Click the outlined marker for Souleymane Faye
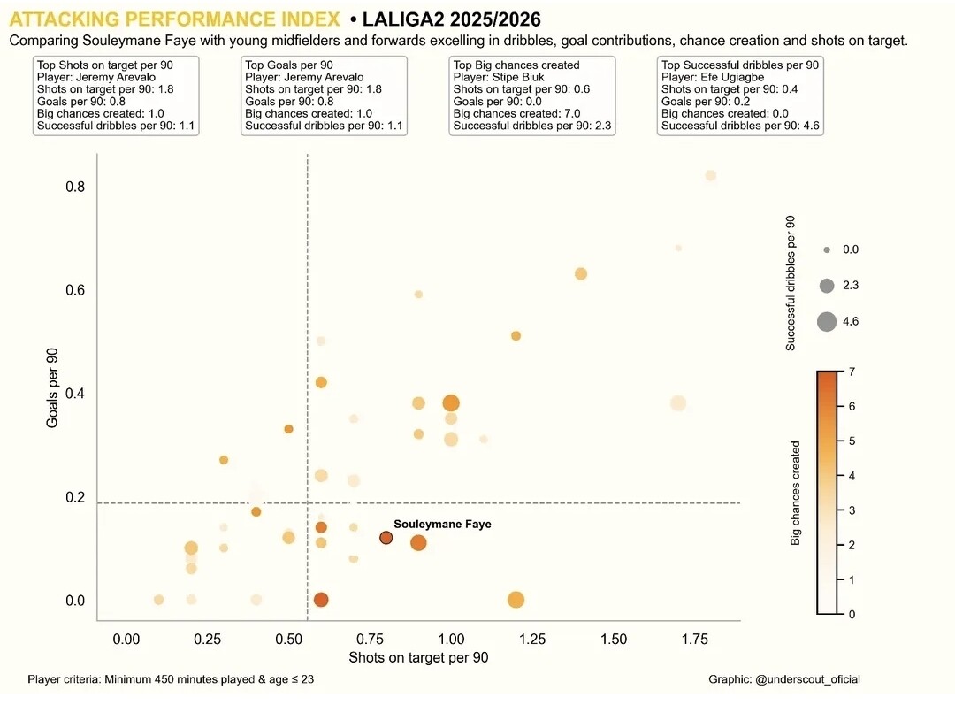[x=386, y=538]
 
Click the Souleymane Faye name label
[x=442, y=525]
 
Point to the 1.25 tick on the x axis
[x=533, y=639]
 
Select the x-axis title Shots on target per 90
[x=418, y=658]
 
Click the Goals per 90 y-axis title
[x=53, y=388]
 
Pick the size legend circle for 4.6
[x=827, y=322]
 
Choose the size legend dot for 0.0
[x=827, y=250]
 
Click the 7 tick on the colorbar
[x=852, y=372]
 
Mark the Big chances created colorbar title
[x=795, y=493]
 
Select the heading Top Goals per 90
[x=289, y=65]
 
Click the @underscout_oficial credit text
[x=784, y=679]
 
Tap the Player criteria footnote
[x=171, y=679]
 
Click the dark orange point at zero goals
[x=321, y=600]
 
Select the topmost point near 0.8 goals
[x=710, y=175]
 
